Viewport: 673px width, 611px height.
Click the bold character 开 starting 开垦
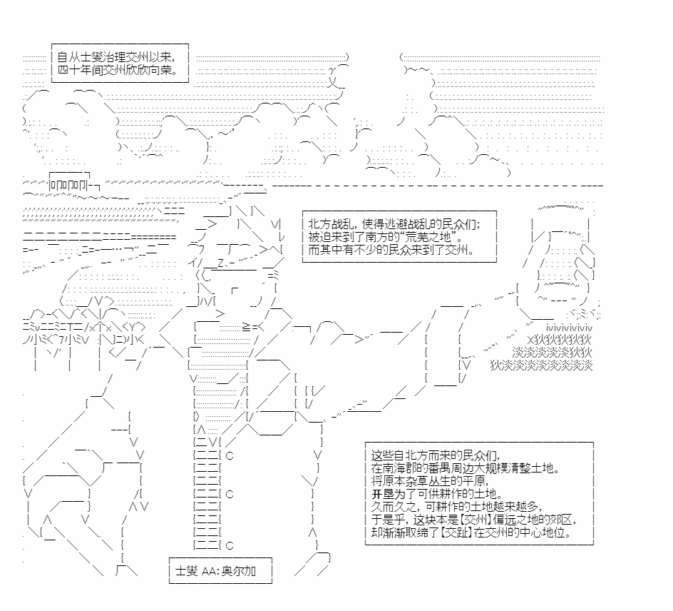pyautogui.click(x=377, y=494)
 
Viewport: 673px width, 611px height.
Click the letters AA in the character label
pyautogui.click(x=208, y=571)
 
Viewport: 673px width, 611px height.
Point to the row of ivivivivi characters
pyautogui.click(x=569, y=328)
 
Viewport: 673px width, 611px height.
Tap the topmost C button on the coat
pyautogui.click(x=229, y=455)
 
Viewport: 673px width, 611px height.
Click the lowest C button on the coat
pyautogui.click(x=229, y=546)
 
